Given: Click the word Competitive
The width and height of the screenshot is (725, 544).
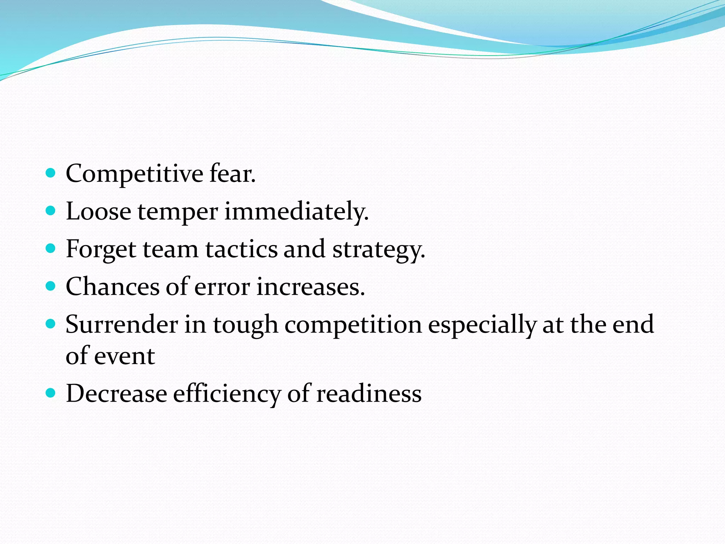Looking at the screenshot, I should point(135,174).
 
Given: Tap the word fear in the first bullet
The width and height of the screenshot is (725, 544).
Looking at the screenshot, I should point(232,174).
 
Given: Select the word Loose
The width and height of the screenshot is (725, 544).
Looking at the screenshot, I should point(98,212).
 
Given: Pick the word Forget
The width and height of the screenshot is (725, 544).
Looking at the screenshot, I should point(101,250).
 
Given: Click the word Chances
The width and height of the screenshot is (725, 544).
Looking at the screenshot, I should point(113,287).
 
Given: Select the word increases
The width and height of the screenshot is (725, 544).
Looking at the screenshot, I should point(310,287).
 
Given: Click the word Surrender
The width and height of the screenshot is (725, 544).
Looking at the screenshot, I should point(122,325).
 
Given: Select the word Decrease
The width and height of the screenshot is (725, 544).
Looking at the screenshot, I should point(116,394).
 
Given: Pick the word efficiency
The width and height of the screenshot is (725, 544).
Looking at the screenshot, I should point(227,394).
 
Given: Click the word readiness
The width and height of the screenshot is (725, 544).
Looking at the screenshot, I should point(369,394).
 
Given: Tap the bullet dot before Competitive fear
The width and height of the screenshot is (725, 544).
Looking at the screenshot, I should point(51,173).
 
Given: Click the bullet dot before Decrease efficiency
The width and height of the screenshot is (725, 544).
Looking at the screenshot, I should point(51,393).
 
